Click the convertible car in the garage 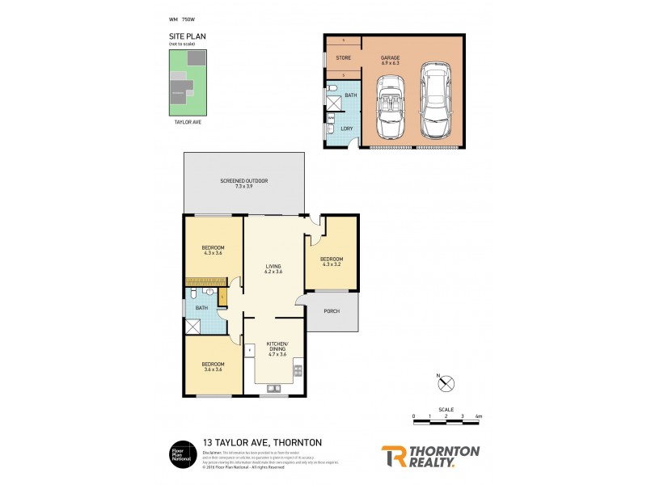pos(391,107)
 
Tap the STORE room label pos(343,57)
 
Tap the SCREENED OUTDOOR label pos(243,183)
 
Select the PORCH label pos(331,311)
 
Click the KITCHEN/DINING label pos(278,348)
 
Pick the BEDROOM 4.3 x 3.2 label pos(332,261)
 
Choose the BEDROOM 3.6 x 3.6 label pos(213,367)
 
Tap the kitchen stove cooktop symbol pos(298,371)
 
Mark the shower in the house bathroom pos(194,327)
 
